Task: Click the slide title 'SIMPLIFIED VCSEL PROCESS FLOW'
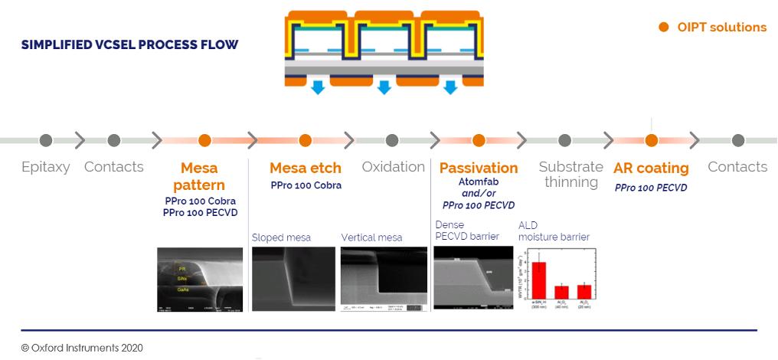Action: [129, 44]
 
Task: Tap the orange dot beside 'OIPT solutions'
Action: [664, 28]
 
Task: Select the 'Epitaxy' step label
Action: [46, 167]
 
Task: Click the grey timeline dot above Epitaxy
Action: [46, 140]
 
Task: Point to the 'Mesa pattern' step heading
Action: [199, 176]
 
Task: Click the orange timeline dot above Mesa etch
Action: [305, 140]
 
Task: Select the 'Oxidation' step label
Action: [393, 167]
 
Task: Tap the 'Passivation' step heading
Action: [479, 168]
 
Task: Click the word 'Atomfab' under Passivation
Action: [479, 182]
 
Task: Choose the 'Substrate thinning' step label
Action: [570, 175]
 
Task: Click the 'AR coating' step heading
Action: [651, 168]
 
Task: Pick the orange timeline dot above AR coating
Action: [651, 140]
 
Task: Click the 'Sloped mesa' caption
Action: [281, 237]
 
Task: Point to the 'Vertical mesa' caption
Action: [374, 237]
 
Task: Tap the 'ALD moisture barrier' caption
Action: [554, 231]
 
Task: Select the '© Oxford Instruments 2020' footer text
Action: [82, 347]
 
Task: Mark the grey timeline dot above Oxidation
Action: [392, 140]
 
